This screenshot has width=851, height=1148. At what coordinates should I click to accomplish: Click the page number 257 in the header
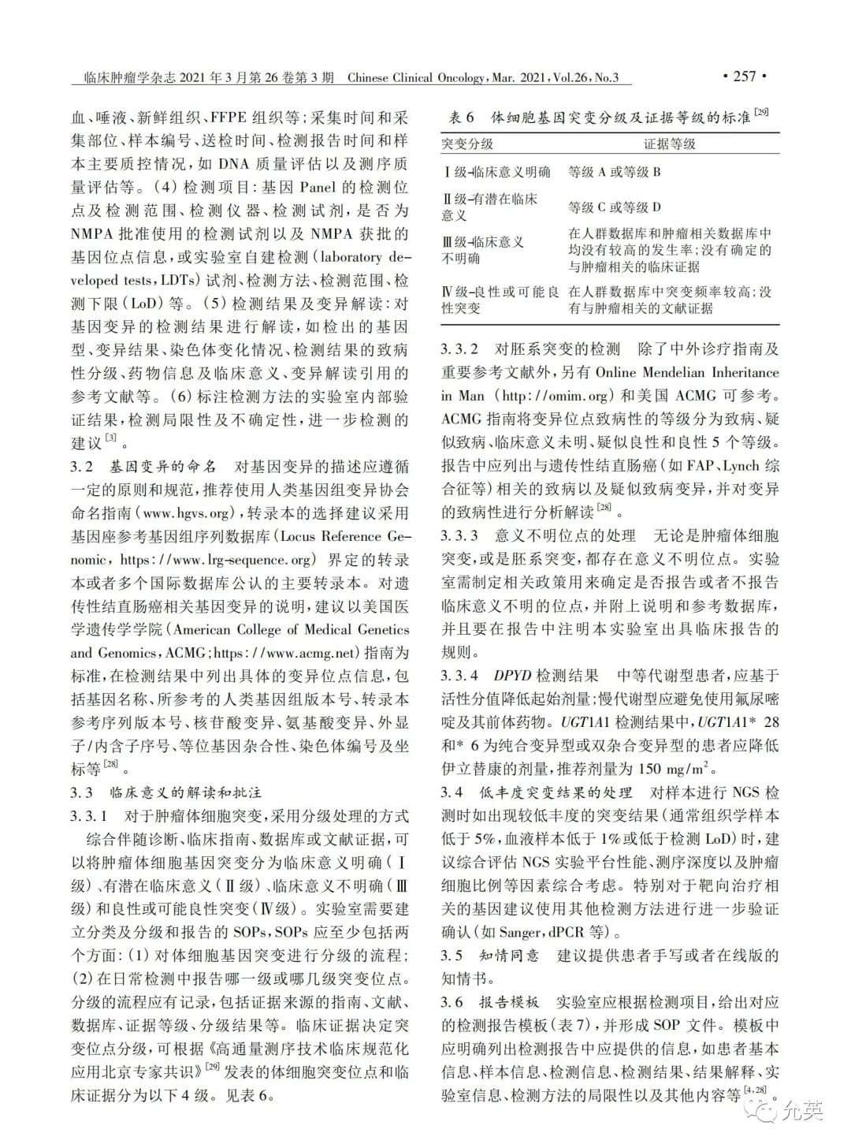[744, 76]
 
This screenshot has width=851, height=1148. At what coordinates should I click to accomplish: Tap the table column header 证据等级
[669, 143]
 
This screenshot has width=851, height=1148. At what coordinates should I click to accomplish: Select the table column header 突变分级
[467, 143]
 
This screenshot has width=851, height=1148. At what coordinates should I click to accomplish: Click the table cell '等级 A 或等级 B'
[614, 171]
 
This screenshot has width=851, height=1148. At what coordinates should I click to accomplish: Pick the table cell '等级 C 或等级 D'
[614, 207]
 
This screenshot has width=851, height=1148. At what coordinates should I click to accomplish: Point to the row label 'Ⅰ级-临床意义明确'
[496, 171]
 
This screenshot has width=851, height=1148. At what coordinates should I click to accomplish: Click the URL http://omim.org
[544, 396]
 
